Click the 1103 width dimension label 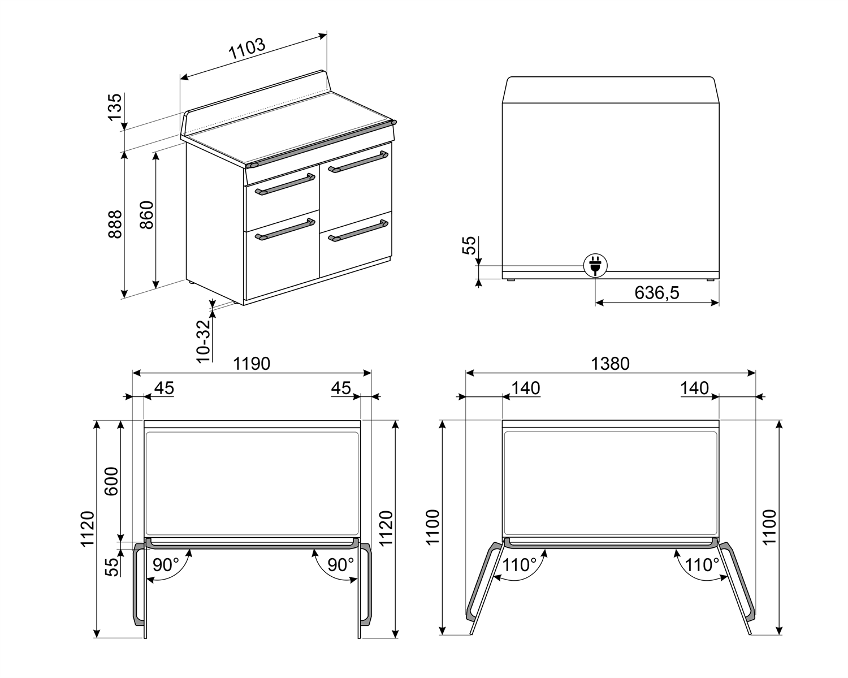[246, 50]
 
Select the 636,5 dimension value [656, 292]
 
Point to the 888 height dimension [115, 224]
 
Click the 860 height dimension [146, 215]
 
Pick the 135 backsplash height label [115, 107]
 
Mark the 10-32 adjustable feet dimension [204, 340]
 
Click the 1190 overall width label [252, 364]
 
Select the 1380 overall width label [610, 364]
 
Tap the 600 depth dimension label [111, 481]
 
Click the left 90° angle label [166, 564]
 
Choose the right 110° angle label [702, 564]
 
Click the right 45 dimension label [341, 388]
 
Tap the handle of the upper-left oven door [285, 185]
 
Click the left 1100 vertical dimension [432, 527]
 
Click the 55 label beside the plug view [469, 246]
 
